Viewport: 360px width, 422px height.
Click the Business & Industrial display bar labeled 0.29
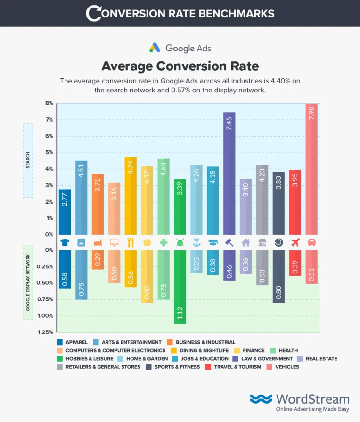(98, 259)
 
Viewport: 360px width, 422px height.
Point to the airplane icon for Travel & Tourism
(295, 242)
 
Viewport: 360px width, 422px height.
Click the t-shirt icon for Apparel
(65, 242)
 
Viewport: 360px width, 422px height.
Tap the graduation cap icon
(213, 242)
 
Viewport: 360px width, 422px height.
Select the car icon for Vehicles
(311, 242)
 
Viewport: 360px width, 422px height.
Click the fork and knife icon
(131, 242)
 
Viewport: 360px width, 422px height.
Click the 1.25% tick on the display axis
(46, 332)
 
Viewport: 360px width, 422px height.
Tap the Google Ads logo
(180, 48)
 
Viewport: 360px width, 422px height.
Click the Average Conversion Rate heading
(180, 65)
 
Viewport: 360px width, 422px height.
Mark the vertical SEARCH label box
(27, 161)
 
